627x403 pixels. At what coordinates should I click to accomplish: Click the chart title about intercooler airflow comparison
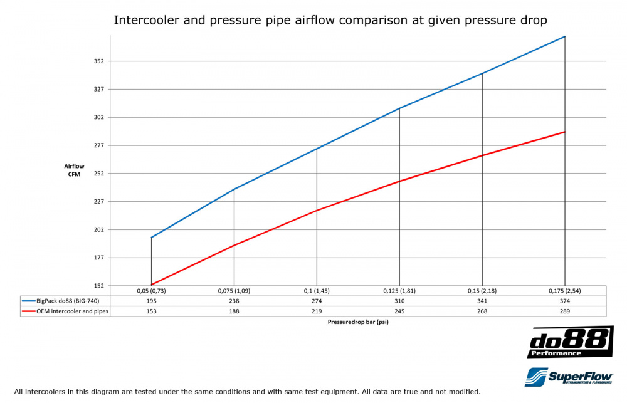point(330,20)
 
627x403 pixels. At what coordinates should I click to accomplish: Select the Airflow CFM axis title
point(74,170)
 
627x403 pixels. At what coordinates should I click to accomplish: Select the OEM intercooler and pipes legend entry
point(65,310)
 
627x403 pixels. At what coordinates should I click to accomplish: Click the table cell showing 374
point(565,301)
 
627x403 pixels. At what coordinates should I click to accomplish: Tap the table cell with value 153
point(151,310)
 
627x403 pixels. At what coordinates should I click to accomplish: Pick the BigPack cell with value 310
point(399,301)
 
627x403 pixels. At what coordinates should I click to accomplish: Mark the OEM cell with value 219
point(317,310)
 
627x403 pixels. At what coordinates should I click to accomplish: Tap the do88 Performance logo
point(571,342)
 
